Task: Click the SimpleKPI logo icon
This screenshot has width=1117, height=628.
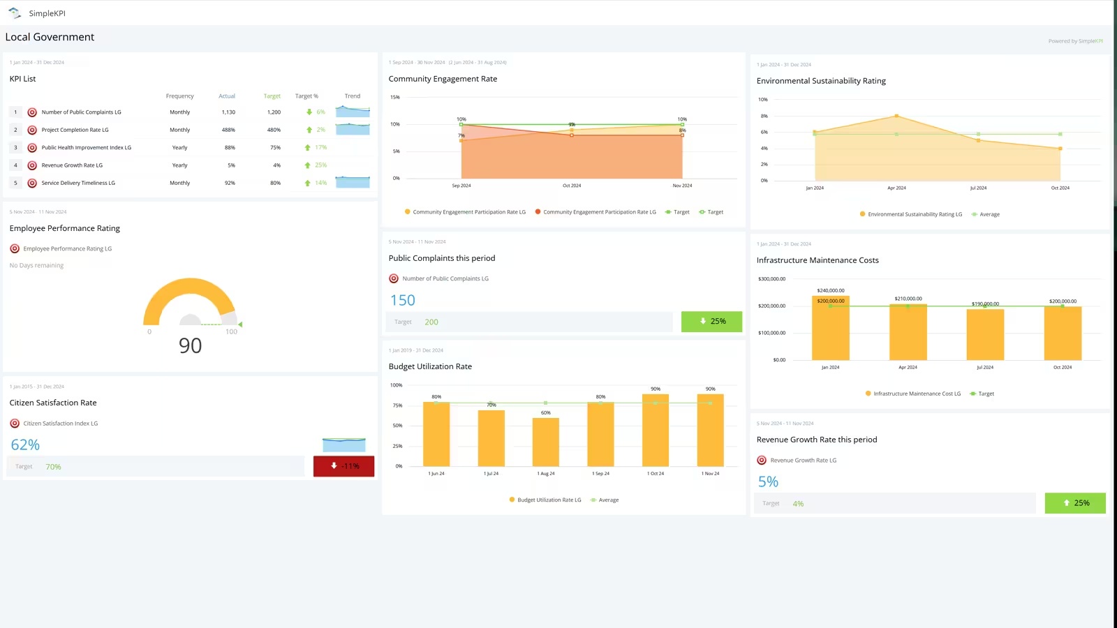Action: tap(15, 13)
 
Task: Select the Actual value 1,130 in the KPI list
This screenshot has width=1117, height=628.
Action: tap(228, 112)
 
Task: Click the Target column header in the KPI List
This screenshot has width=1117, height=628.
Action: tap(272, 96)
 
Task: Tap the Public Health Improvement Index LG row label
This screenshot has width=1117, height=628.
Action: tap(86, 148)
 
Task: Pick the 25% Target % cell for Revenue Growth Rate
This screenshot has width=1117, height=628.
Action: tap(320, 165)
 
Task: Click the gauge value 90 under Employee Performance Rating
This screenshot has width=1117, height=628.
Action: tap(190, 345)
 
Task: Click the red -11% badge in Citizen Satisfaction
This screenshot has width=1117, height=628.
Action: tap(343, 466)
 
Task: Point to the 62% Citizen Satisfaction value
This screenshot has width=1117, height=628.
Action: tap(25, 445)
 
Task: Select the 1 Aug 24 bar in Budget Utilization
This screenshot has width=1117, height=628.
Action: tap(545, 442)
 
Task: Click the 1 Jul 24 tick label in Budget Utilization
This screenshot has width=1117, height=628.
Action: tap(491, 474)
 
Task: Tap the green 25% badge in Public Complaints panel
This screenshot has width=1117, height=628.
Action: tap(711, 322)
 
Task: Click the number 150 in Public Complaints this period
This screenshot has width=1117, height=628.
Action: tap(402, 301)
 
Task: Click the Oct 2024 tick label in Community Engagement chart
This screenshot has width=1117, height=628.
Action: tap(572, 186)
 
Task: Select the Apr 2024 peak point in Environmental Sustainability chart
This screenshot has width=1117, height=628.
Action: tap(896, 116)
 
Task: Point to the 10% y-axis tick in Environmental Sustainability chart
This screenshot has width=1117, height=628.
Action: tap(763, 100)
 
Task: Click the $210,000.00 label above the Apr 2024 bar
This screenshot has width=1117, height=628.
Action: tap(908, 299)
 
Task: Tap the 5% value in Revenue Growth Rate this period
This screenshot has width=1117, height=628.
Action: tap(768, 482)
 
